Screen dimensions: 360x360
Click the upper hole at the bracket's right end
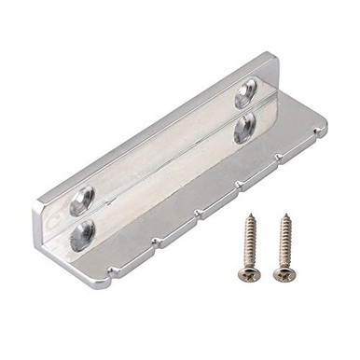point(246,90)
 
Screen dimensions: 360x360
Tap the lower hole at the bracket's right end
point(244,128)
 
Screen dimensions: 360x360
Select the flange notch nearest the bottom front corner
point(154,244)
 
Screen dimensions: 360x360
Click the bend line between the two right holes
point(245,110)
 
